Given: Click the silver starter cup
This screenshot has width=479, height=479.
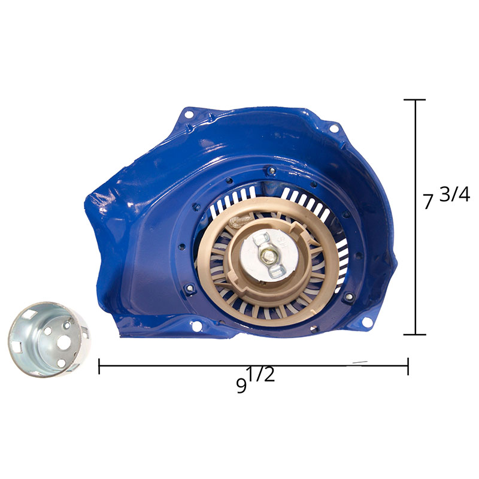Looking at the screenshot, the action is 49,339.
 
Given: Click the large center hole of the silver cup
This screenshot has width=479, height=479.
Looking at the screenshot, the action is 62,344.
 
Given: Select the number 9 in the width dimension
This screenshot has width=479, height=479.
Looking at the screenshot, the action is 242,386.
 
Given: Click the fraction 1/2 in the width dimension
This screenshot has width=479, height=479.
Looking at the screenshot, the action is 261,374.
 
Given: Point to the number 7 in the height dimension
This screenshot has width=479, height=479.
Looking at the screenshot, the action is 428,201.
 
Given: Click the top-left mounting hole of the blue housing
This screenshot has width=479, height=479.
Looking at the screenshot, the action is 189,114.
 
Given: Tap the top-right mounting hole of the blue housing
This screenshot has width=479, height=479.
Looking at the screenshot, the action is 334,128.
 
